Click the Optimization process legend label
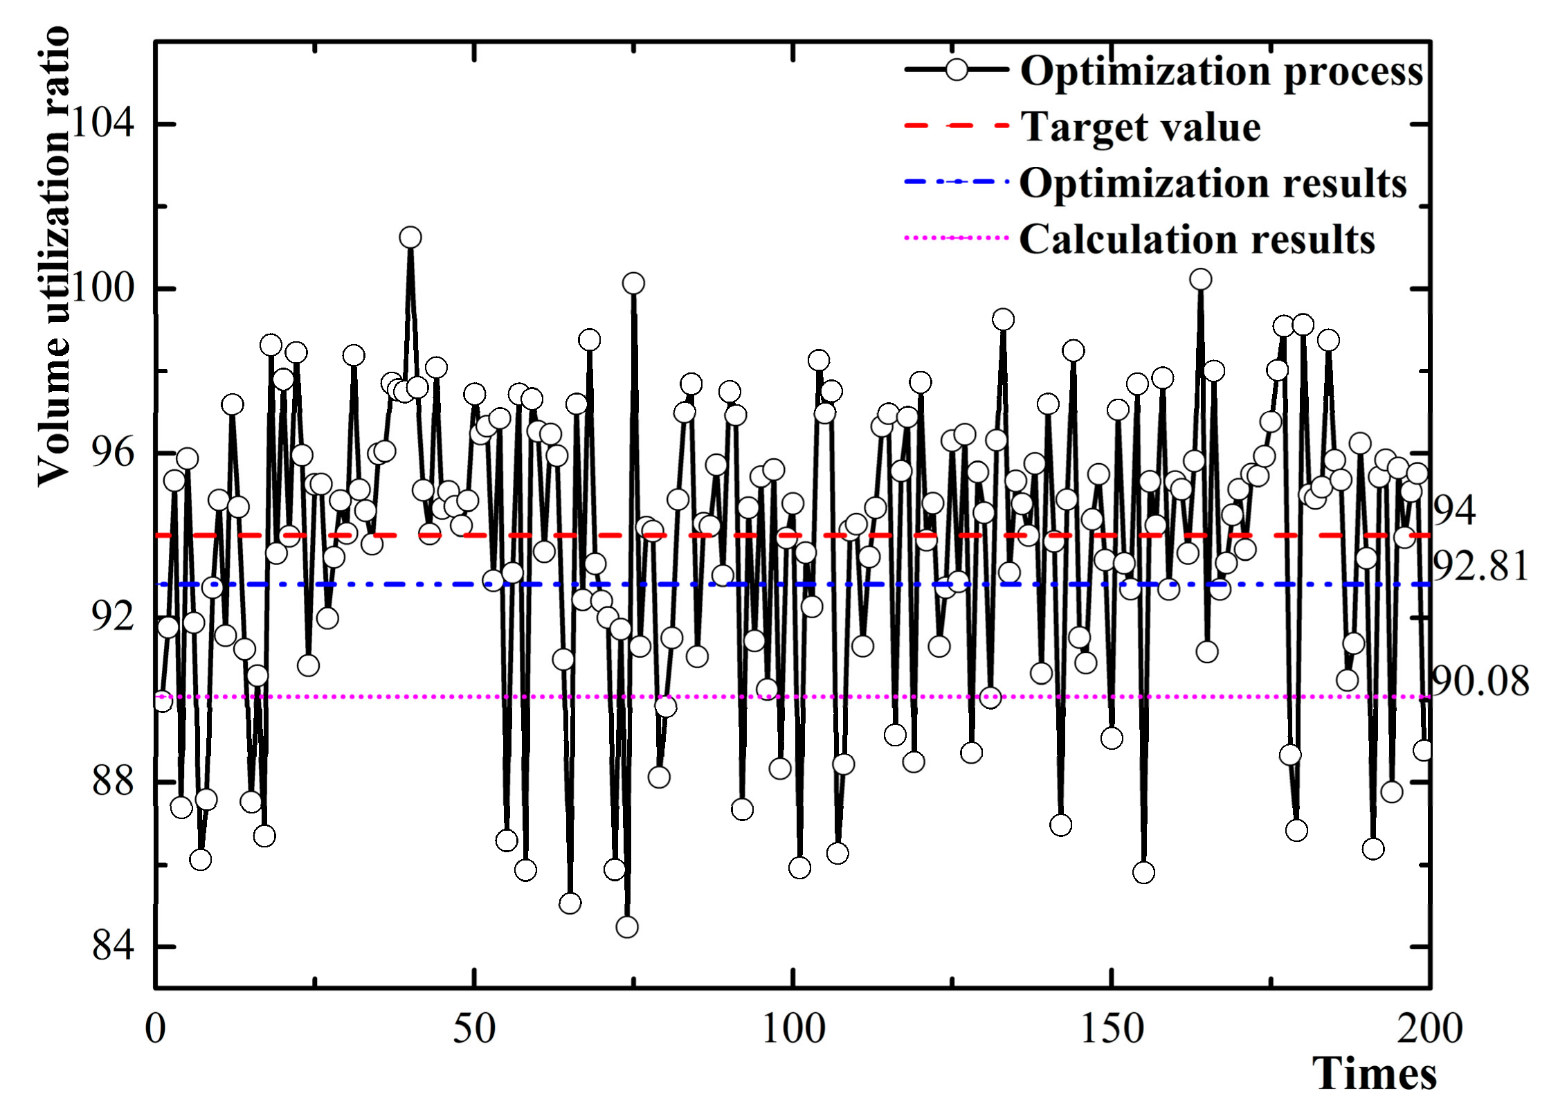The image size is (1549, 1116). point(1222,72)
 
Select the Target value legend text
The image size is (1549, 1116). point(1141,127)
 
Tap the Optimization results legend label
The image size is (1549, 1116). point(1213,183)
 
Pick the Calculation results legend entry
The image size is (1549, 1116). point(1197,240)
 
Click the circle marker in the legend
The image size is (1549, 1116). point(957,70)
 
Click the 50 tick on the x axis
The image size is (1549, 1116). point(474,1029)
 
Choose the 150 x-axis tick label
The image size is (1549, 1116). point(1112,1029)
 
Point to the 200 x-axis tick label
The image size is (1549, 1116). point(1429,1029)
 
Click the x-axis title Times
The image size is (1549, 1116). point(1375,1074)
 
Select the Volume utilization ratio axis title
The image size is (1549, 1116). point(53,256)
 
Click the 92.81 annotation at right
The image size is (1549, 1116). point(1480,568)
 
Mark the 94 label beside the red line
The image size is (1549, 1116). point(1453,511)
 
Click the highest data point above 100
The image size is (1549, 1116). point(410,237)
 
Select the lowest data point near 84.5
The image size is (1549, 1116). point(626,926)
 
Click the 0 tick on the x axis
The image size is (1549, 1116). point(156,1029)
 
